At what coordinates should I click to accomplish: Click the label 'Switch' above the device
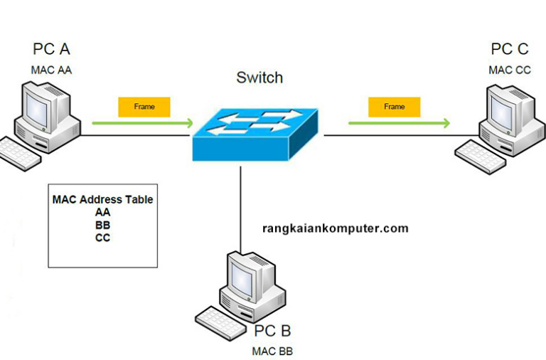tap(259, 78)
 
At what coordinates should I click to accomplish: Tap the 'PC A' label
tap(51, 49)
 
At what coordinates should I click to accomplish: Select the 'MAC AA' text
tap(51, 70)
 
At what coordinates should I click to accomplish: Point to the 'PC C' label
tap(509, 49)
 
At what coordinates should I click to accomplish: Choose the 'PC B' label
tap(272, 331)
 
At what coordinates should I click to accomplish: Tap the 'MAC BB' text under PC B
tap(272, 351)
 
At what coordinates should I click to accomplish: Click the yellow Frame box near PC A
tap(144, 107)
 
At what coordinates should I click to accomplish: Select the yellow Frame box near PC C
tap(394, 107)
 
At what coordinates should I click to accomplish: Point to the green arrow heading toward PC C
tap(398, 123)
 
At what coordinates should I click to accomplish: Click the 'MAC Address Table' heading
tap(102, 199)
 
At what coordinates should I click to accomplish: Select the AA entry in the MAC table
tap(102, 212)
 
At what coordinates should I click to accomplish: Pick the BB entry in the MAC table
tap(102, 225)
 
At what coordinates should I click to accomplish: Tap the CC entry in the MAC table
tap(102, 238)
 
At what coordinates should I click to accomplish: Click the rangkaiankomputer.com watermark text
tap(336, 228)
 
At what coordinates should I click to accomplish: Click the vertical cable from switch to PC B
tap(240, 206)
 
